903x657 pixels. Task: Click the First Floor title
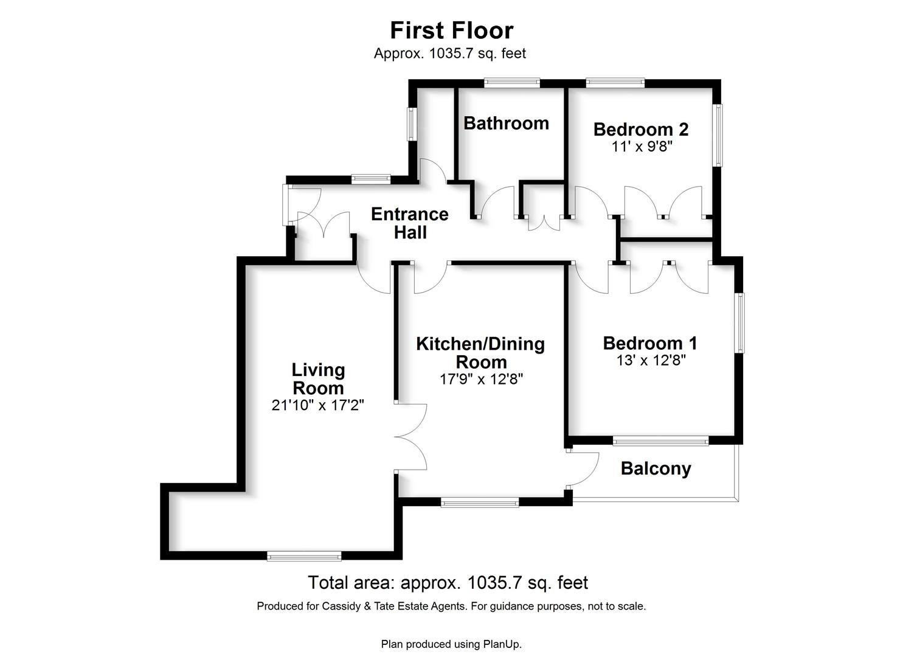451,30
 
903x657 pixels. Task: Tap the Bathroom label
507,123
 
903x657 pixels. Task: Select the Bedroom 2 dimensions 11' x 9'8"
642,147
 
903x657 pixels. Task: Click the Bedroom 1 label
650,343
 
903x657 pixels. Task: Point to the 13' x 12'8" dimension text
651,360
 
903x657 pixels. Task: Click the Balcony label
656,469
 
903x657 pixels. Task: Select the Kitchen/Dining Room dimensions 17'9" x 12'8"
481,379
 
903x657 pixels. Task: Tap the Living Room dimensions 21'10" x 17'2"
317,405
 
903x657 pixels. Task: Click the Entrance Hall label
410,223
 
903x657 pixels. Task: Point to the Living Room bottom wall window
304,557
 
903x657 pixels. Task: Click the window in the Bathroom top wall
511,83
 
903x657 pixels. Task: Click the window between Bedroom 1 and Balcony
660,441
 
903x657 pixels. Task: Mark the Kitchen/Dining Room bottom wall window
480,502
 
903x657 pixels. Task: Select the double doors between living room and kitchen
411,437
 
